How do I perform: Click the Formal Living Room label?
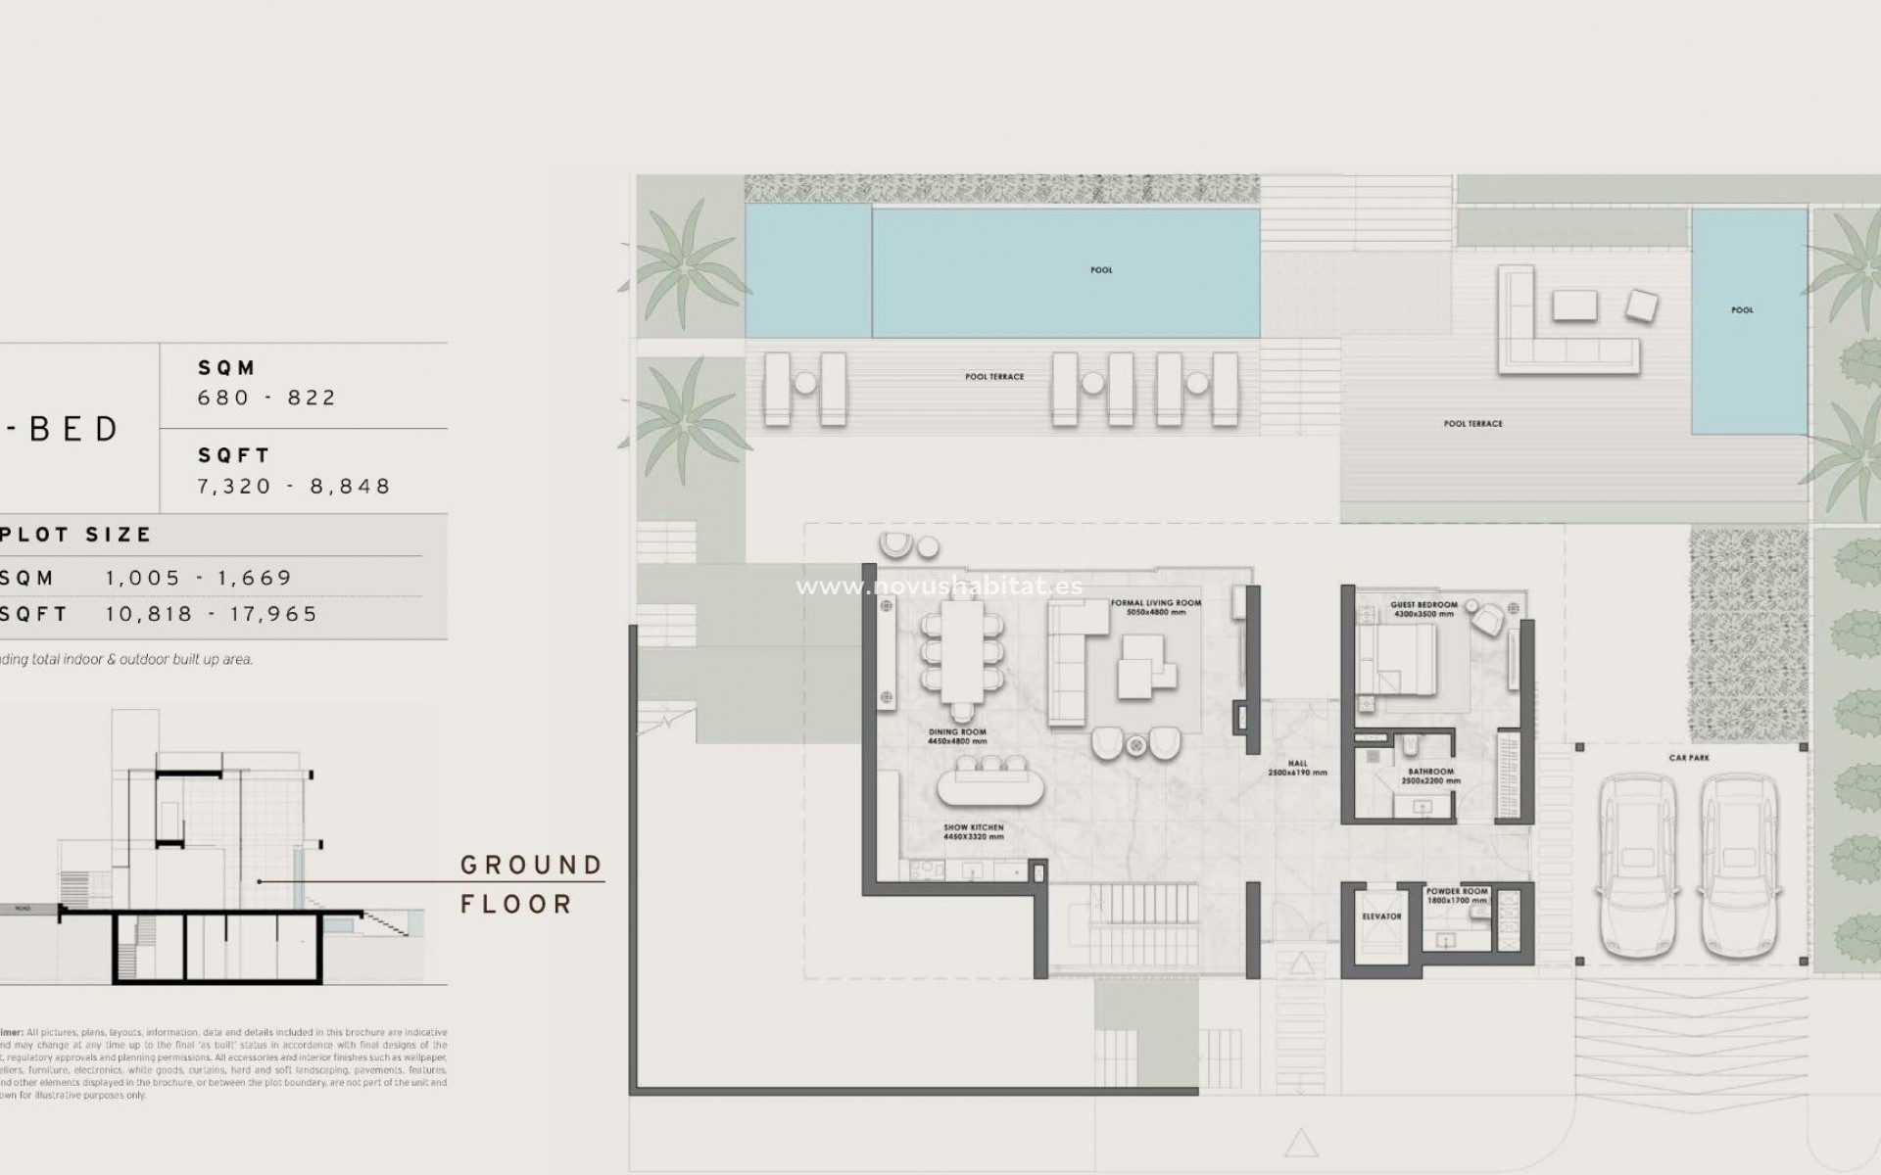pos(1156,607)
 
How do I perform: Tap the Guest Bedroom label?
pos(1423,609)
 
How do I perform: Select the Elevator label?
pos(1381,916)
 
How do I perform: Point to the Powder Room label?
pos(1457,896)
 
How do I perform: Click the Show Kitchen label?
pos(973,832)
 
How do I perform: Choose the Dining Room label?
pos(957,736)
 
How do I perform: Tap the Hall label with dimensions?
pos(1297,768)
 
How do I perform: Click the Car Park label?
pos(1689,758)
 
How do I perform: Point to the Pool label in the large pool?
pos(1101,270)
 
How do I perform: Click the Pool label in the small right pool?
pos(1742,310)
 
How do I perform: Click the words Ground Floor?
pos(531,884)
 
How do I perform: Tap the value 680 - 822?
pos(266,398)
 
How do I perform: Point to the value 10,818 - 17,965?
pos(212,614)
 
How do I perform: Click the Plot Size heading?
pos(75,535)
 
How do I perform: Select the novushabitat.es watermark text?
pos(939,587)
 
